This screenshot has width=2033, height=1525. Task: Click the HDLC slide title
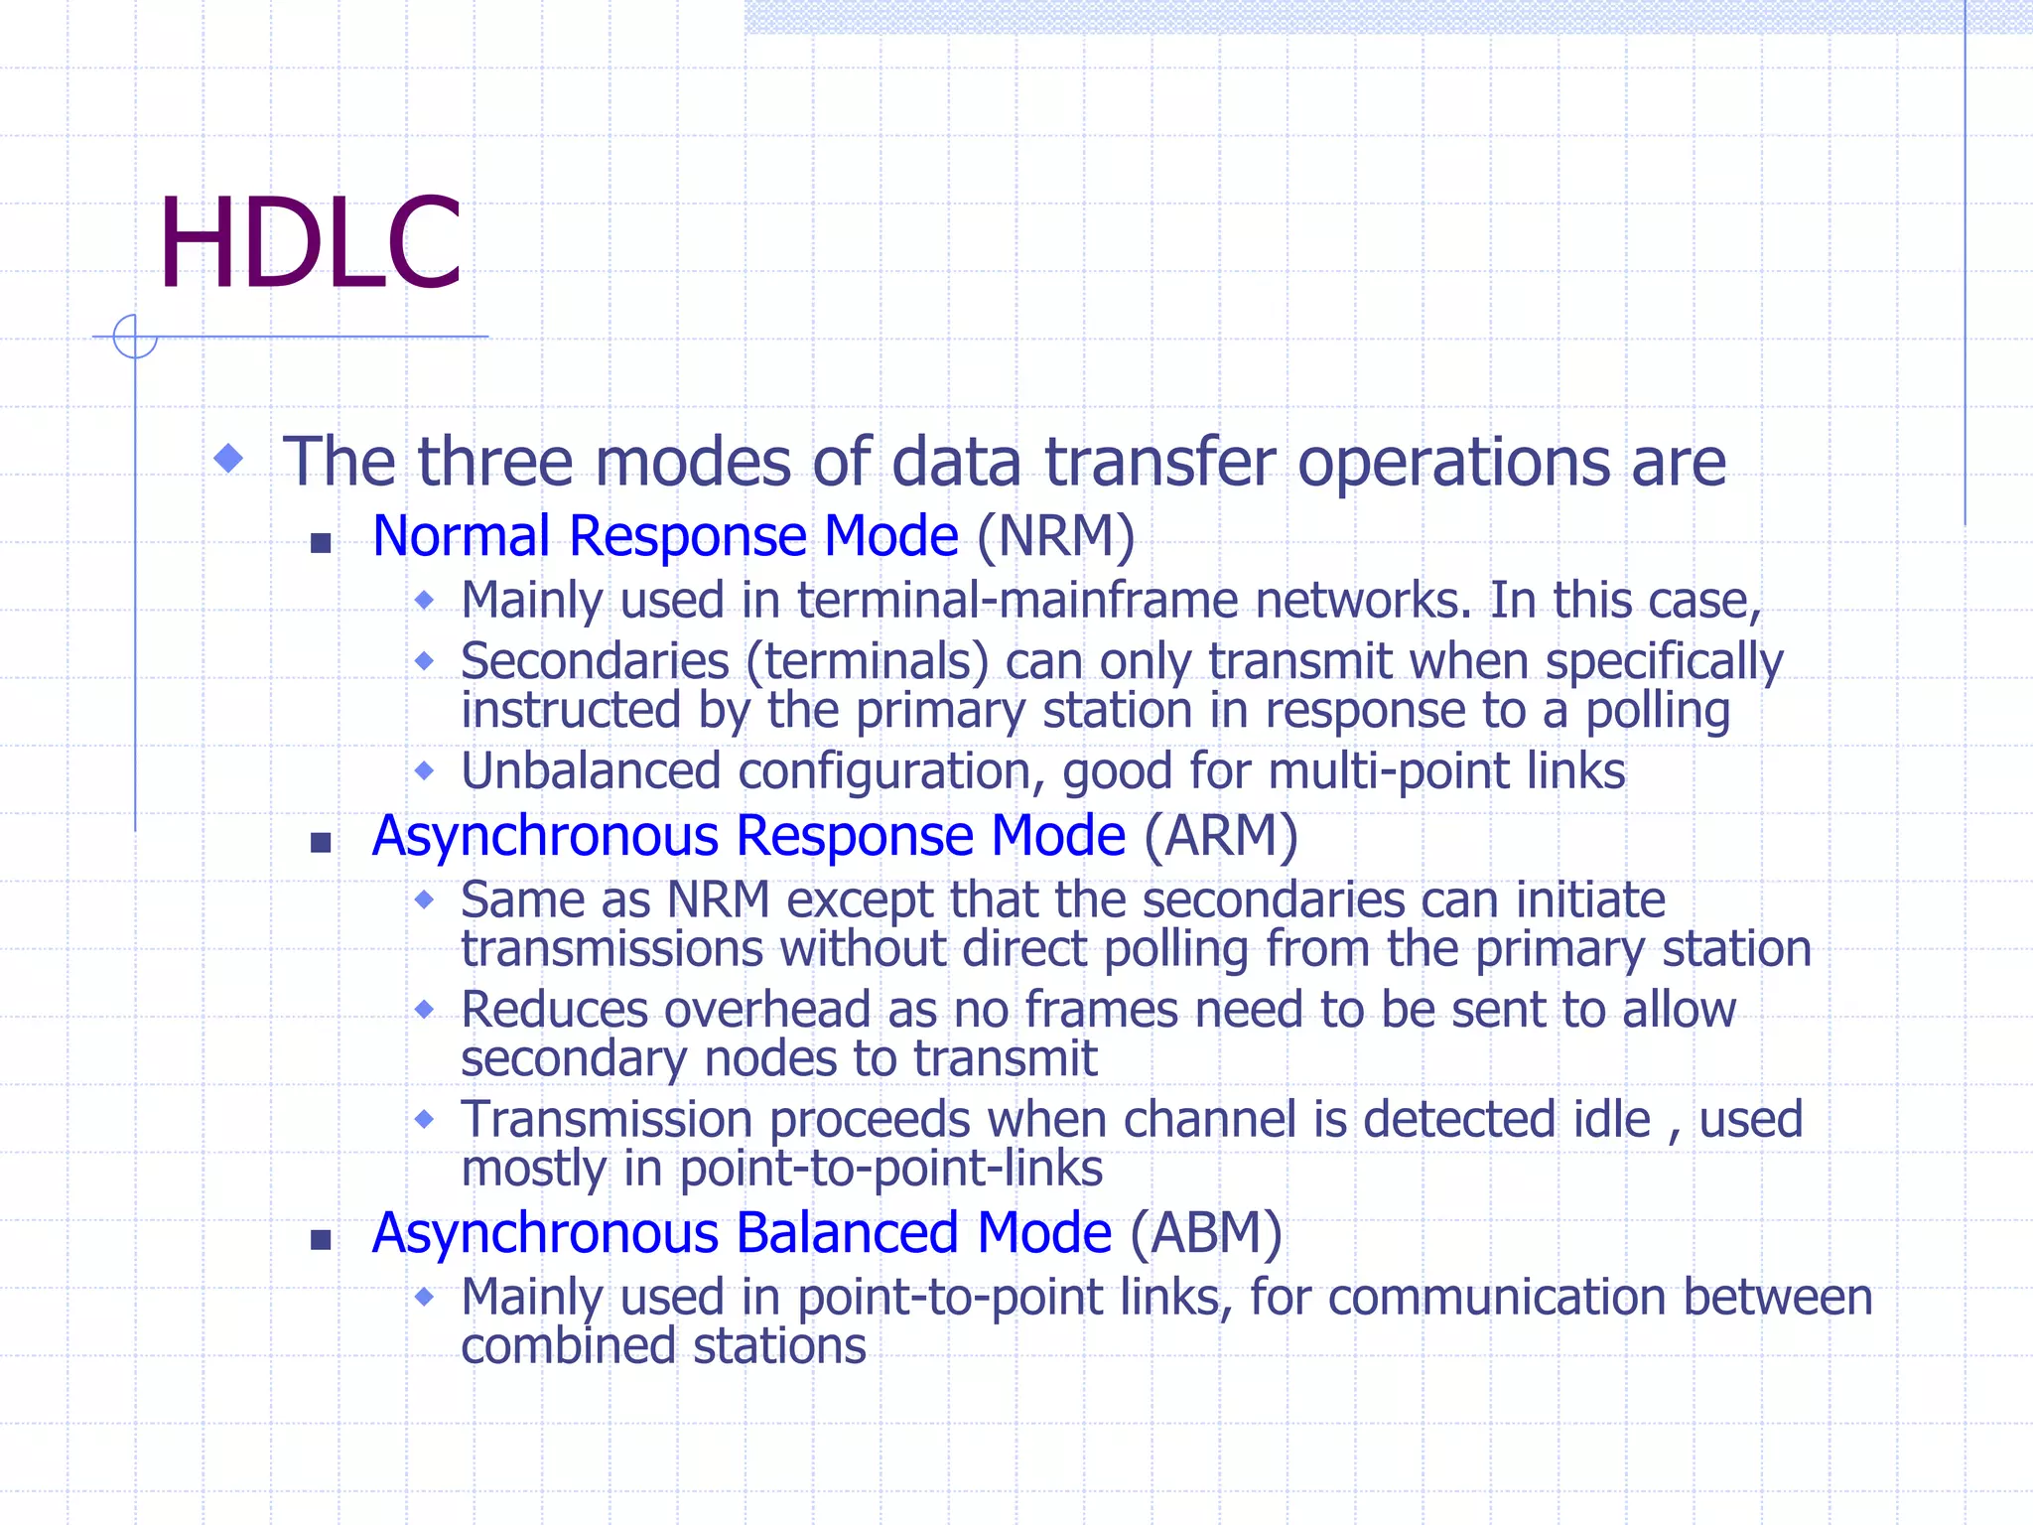point(310,244)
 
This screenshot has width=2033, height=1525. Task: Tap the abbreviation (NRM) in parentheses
point(1055,536)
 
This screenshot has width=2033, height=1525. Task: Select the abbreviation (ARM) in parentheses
point(1221,836)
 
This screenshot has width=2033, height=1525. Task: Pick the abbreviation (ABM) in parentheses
point(1206,1233)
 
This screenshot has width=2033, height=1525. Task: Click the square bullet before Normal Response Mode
point(320,543)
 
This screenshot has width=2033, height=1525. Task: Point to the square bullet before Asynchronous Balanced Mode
point(320,1240)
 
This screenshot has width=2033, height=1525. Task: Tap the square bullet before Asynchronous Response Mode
point(320,843)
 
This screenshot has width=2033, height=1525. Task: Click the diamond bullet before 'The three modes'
point(229,458)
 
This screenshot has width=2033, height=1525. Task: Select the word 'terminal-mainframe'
point(1017,601)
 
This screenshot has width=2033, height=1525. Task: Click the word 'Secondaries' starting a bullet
point(595,662)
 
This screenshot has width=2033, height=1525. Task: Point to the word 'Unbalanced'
point(591,771)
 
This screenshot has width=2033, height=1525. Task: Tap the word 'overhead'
point(767,1010)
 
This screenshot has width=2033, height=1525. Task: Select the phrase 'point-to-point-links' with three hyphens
point(890,1169)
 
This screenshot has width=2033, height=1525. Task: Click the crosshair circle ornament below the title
point(135,337)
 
